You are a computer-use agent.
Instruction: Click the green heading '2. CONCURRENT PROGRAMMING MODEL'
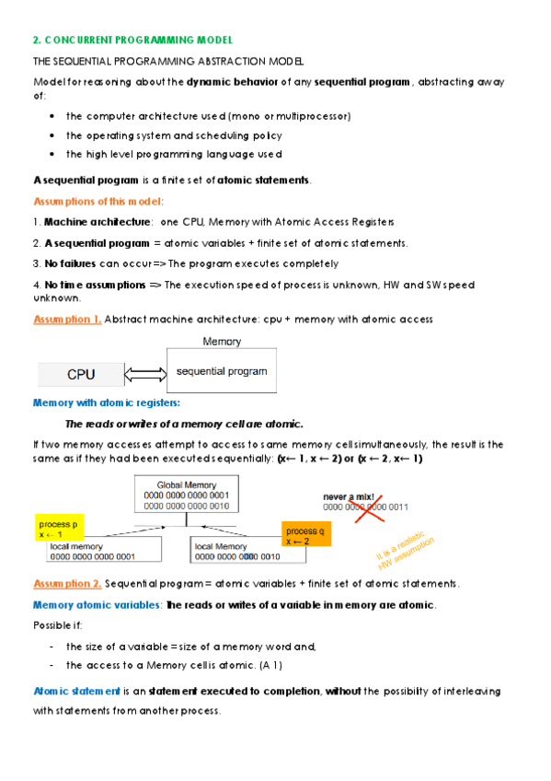[x=132, y=41]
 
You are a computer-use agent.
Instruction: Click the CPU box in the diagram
[x=80, y=375]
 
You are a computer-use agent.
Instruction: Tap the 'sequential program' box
[x=221, y=371]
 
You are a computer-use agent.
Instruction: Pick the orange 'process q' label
[x=304, y=537]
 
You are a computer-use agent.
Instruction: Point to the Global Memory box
[x=187, y=495]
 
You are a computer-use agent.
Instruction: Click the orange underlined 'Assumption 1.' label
[x=67, y=320]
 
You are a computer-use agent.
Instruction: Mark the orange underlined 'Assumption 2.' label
[x=67, y=584]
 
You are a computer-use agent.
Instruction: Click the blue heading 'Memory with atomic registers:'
[x=106, y=402]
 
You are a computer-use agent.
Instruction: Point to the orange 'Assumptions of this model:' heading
[x=98, y=201]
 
